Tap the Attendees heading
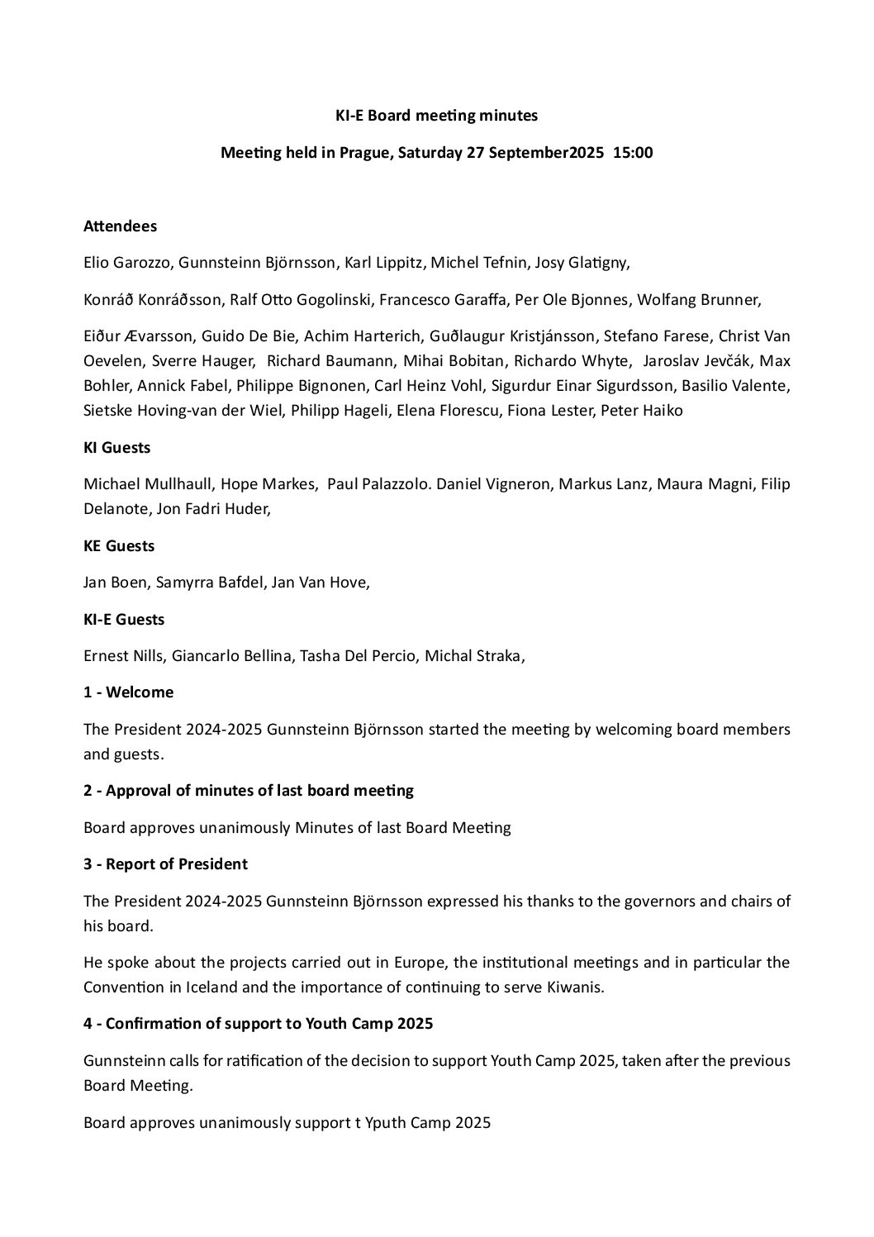point(120,226)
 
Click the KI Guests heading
point(116,447)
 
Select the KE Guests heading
point(119,545)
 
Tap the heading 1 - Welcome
point(128,692)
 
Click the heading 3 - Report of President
point(165,864)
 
